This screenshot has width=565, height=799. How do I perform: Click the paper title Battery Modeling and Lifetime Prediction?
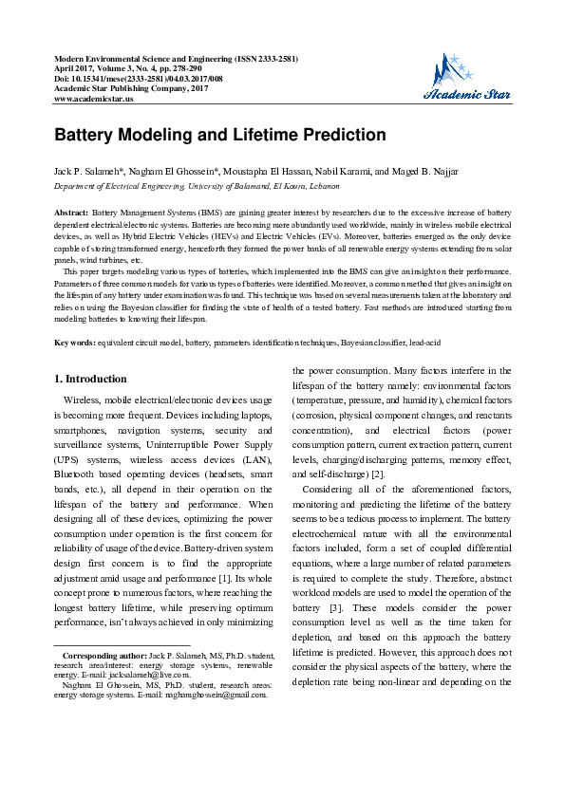[219, 135]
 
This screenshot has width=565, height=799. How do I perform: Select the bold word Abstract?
[71, 214]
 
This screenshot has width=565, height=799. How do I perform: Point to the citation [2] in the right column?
[377, 474]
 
